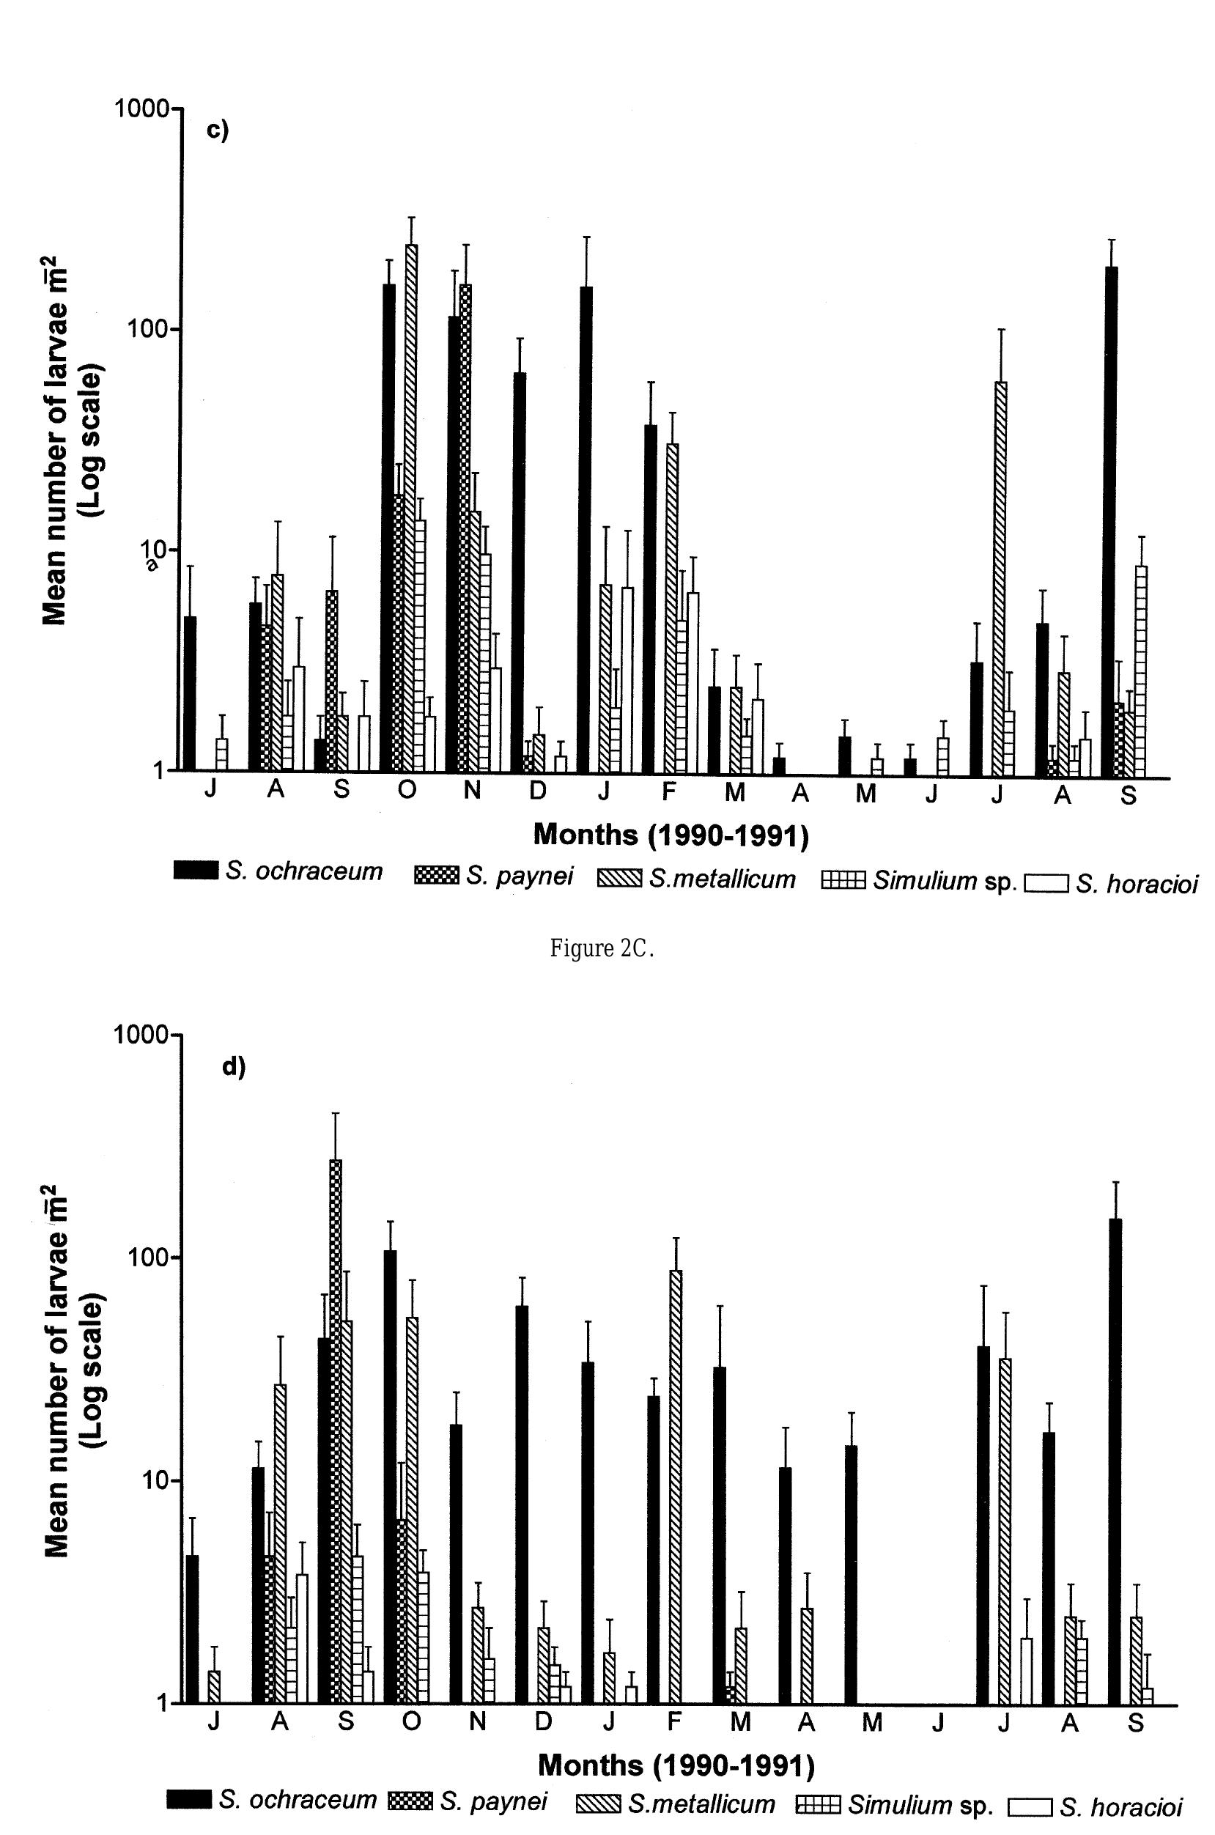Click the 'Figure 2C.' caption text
[602, 948]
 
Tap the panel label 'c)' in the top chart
[218, 130]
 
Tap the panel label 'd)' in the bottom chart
[233, 1067]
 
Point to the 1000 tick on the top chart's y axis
[142, 108]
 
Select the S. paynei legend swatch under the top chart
[438, 876]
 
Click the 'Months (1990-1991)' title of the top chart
[671, 835]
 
